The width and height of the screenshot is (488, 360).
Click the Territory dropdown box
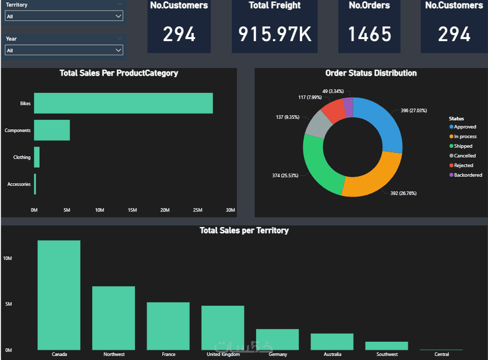click(x=64, y=16)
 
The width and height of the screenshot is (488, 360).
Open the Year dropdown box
click(x=64, y=50)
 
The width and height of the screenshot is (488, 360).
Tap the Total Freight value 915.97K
click(x=274, y=34)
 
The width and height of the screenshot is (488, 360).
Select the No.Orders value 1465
click(x=369, y=34)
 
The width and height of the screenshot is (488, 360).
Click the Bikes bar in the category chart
click(x=123, y=103)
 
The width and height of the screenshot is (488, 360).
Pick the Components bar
click(x=52, y=130)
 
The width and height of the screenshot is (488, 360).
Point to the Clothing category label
click(x=22, y=157)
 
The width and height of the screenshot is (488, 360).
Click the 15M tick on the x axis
click(x=132, y=210)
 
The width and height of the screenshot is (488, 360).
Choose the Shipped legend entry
click(x=463, y=146)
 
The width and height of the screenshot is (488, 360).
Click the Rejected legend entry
click(x=463, y=166)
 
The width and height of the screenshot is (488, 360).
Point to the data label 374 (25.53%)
click(x=285, y=176)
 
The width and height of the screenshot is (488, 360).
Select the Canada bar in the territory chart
click(x=59, y=295)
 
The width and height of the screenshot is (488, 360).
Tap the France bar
click(x=168, y=326)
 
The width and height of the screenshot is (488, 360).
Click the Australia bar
click(x=332, y=342)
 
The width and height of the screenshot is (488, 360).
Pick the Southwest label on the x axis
click(x=387, y=354)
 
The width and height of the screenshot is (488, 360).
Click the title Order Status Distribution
click(x=371, y=73)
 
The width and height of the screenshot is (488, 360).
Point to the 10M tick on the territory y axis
click(x=8, y=258)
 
